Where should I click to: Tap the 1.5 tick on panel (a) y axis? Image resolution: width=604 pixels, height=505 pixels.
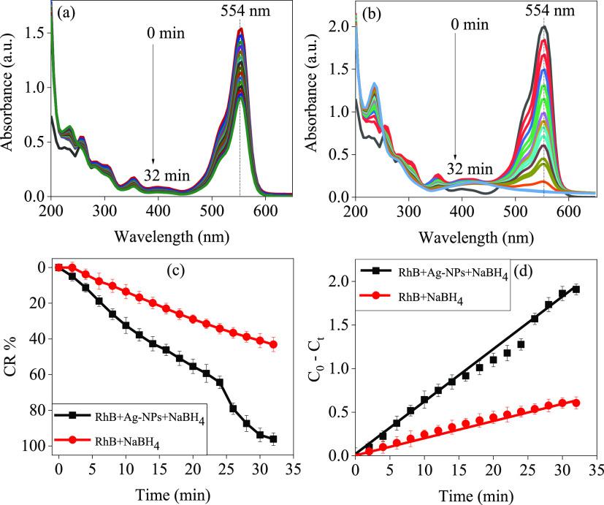pyautogui.click(x=33, y=33)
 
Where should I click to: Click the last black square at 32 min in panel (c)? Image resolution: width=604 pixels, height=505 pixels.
pyautogui.click(x=273, y=439)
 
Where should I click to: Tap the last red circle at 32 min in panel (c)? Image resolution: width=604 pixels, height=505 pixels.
pyautogui.click(x=273, y=344)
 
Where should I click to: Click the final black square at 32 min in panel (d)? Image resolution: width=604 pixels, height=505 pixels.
pyautogui.click(x=576, y=289)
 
